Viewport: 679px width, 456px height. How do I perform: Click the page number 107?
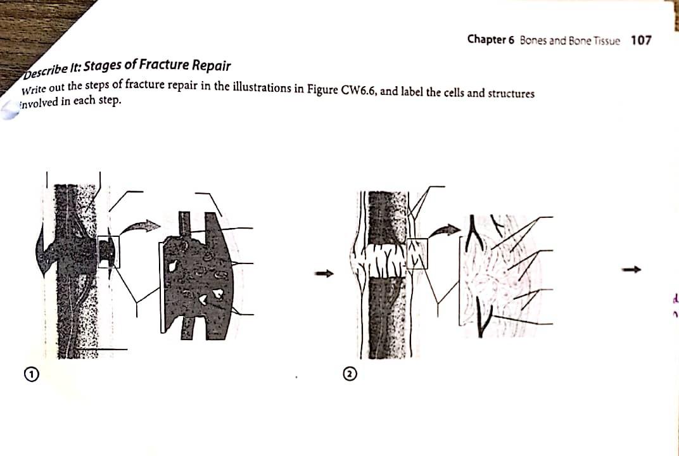point(641,40)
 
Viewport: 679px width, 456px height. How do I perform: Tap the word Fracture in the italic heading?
point(164,65)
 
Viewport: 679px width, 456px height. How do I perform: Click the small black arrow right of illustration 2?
point(633,270)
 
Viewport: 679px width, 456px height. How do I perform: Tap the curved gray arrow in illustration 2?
point(447,230)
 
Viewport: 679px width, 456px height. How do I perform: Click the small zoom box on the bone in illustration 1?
point(108,251)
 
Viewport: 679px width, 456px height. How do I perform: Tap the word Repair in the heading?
point(211,65)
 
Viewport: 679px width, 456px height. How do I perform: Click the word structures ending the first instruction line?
point(510,94)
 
